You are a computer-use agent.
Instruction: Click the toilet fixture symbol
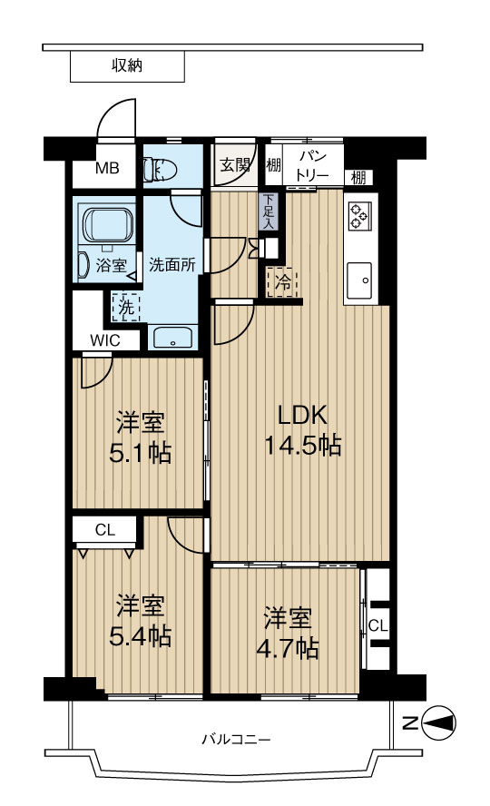pos(161,169)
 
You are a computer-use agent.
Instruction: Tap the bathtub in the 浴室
pos(107,225)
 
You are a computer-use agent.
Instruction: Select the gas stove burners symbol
pos(358,216)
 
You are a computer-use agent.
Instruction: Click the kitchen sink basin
pos(358,280)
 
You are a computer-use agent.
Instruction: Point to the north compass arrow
pos(438,723)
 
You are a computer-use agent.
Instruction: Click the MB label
pos(108,168)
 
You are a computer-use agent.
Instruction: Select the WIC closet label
pos(105,339)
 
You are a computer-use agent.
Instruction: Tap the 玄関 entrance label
pos(235,165)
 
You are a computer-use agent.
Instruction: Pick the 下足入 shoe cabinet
pos(269,211)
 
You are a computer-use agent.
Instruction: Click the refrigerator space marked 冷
pos(282,281)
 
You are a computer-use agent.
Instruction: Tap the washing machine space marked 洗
pos(126,307)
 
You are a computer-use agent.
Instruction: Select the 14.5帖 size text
pos(302,445)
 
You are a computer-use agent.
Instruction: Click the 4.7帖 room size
pos(288,649)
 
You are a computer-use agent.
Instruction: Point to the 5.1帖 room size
pos(141,453)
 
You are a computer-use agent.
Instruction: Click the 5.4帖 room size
pos(141,636)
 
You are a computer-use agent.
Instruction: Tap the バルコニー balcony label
pos(236,740)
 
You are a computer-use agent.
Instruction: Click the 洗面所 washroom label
pos(172,265)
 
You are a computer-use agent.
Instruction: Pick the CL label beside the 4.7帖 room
pos(377,625)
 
